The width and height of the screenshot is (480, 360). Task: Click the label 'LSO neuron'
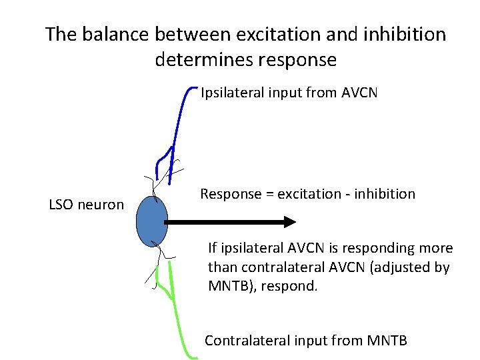pyautogui.click(x=87, y=205)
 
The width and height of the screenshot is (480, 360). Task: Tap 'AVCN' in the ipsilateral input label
pyautogui.click(x=359, y=93)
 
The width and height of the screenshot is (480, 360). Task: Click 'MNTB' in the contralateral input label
pyautogui.click(x=387, y=341)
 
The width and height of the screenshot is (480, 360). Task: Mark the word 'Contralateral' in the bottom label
pyautogui.click(x=246, y=341)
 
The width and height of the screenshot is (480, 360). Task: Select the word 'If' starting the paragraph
pyautogui.click(x=212, y=249)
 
